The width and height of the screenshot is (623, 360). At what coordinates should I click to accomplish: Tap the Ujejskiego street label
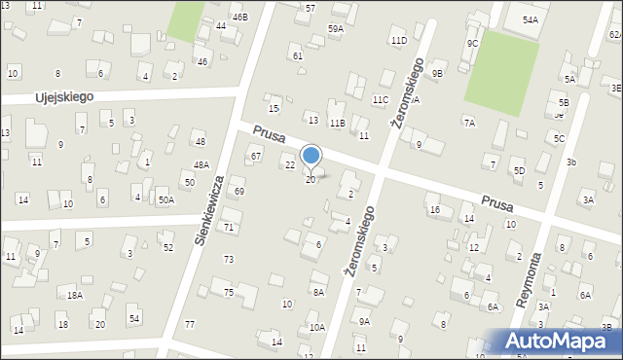(x=63, y=98)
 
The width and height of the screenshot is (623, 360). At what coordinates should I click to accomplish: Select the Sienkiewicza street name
(x=210, y=209)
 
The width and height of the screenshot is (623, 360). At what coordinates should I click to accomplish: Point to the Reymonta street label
(x=534, y=280)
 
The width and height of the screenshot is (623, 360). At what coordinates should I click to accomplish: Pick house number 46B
(x=239, y=17)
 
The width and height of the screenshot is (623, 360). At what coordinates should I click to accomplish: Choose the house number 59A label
(x=336, y=29)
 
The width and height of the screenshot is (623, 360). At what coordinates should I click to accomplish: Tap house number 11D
(x=398, y=41)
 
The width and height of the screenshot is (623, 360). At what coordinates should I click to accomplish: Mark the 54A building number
(x=530, y=19)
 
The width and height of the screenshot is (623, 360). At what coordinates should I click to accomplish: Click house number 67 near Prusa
(x=256, y=157)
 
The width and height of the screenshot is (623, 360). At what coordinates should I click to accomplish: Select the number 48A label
(x=201, y=165)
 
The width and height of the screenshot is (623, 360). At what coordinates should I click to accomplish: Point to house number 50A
(x=166, y=200)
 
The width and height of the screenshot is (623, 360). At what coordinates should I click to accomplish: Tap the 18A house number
(x=74, y=295)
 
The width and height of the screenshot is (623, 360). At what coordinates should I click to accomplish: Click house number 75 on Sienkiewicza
(x=228, y=293)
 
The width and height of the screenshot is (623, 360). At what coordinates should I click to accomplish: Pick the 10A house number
(x=317, y=328)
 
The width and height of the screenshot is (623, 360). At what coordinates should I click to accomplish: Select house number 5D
(x=519, y=171)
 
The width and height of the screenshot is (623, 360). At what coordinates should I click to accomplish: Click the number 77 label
(x=190, y=325)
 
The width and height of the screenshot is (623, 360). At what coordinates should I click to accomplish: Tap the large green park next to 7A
(x=501, y=69)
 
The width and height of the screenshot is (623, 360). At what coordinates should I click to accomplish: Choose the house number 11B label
(x=337, y=124)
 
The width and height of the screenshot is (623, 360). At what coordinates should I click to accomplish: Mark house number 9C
(x=472, y=44)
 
